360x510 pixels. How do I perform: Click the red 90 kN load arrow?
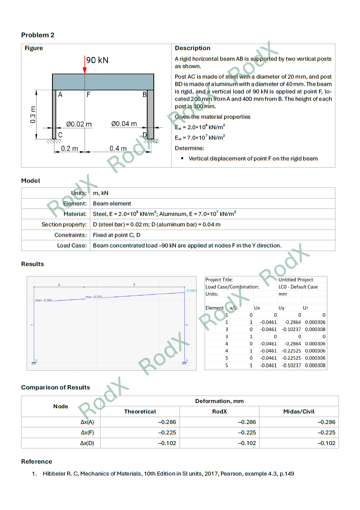pyautogui.click(x=85, y=65)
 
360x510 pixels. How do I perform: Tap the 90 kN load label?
pyautogui.click(x=97, y=60)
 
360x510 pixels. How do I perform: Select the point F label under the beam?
pyautogui.click(x=88, y=95)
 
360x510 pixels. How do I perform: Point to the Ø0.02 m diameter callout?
pyautogui.click(x=79, y=124)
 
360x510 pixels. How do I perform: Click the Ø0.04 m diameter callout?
pyautogui.click(x=124, y=124)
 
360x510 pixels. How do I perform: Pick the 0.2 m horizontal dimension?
pyautogui.click(x=70, y=149)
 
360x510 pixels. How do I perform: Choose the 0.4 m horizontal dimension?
pyautogui.click(x=118, y=149)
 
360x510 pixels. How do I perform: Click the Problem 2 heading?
pyautogui.click(x=38, y=35)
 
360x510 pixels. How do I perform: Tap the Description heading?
pyautogui.click(x=193, y=48)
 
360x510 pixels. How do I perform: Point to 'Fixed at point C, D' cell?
pyautogui.click(x=117, y=235)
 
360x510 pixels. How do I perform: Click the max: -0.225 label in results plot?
pyautogui.click(x=94, y=297)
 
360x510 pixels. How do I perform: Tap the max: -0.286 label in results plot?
pyautogui.click(x=44, y=300)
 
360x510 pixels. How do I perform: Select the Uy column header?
pyautogui.click(x=281, y=308)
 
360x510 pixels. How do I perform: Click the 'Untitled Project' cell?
pyautogui.click(x=296, y=280)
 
